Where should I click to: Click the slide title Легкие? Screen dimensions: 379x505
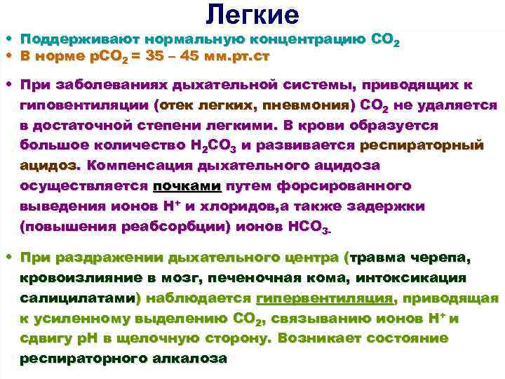coord(252,13)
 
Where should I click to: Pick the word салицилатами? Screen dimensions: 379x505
coord(77,299)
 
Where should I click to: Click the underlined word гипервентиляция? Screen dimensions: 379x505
coord(323,299)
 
